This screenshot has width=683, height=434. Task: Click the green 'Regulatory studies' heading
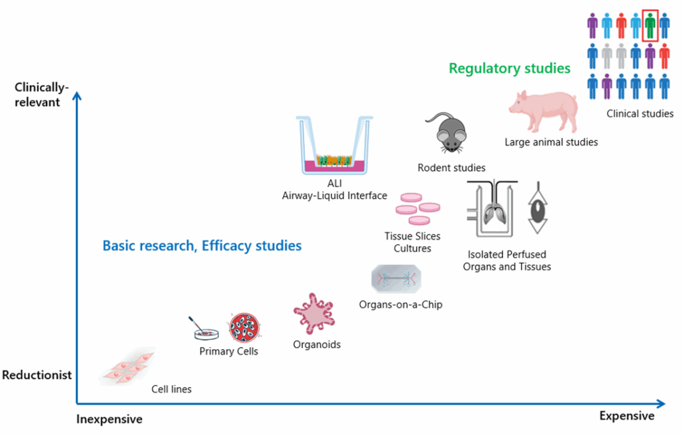510,69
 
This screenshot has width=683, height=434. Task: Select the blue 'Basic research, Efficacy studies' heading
202,246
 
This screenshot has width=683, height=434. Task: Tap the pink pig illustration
544,111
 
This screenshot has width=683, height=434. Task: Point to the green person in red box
650,26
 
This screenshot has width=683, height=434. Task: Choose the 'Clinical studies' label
640,114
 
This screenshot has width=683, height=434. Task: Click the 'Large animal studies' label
551,142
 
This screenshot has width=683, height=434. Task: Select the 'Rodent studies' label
452,168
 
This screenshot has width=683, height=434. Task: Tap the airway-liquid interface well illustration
335,145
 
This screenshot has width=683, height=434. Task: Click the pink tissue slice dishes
418,209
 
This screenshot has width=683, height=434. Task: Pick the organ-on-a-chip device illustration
396,278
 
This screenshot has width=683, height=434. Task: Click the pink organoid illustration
313,314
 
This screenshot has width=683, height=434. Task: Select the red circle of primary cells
244,327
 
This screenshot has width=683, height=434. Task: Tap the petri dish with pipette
204,329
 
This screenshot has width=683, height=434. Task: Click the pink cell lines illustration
128,367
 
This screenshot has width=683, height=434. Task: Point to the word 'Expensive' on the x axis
627,416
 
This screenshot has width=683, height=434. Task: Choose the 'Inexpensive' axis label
109,419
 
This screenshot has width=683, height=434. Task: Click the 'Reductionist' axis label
37,375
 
